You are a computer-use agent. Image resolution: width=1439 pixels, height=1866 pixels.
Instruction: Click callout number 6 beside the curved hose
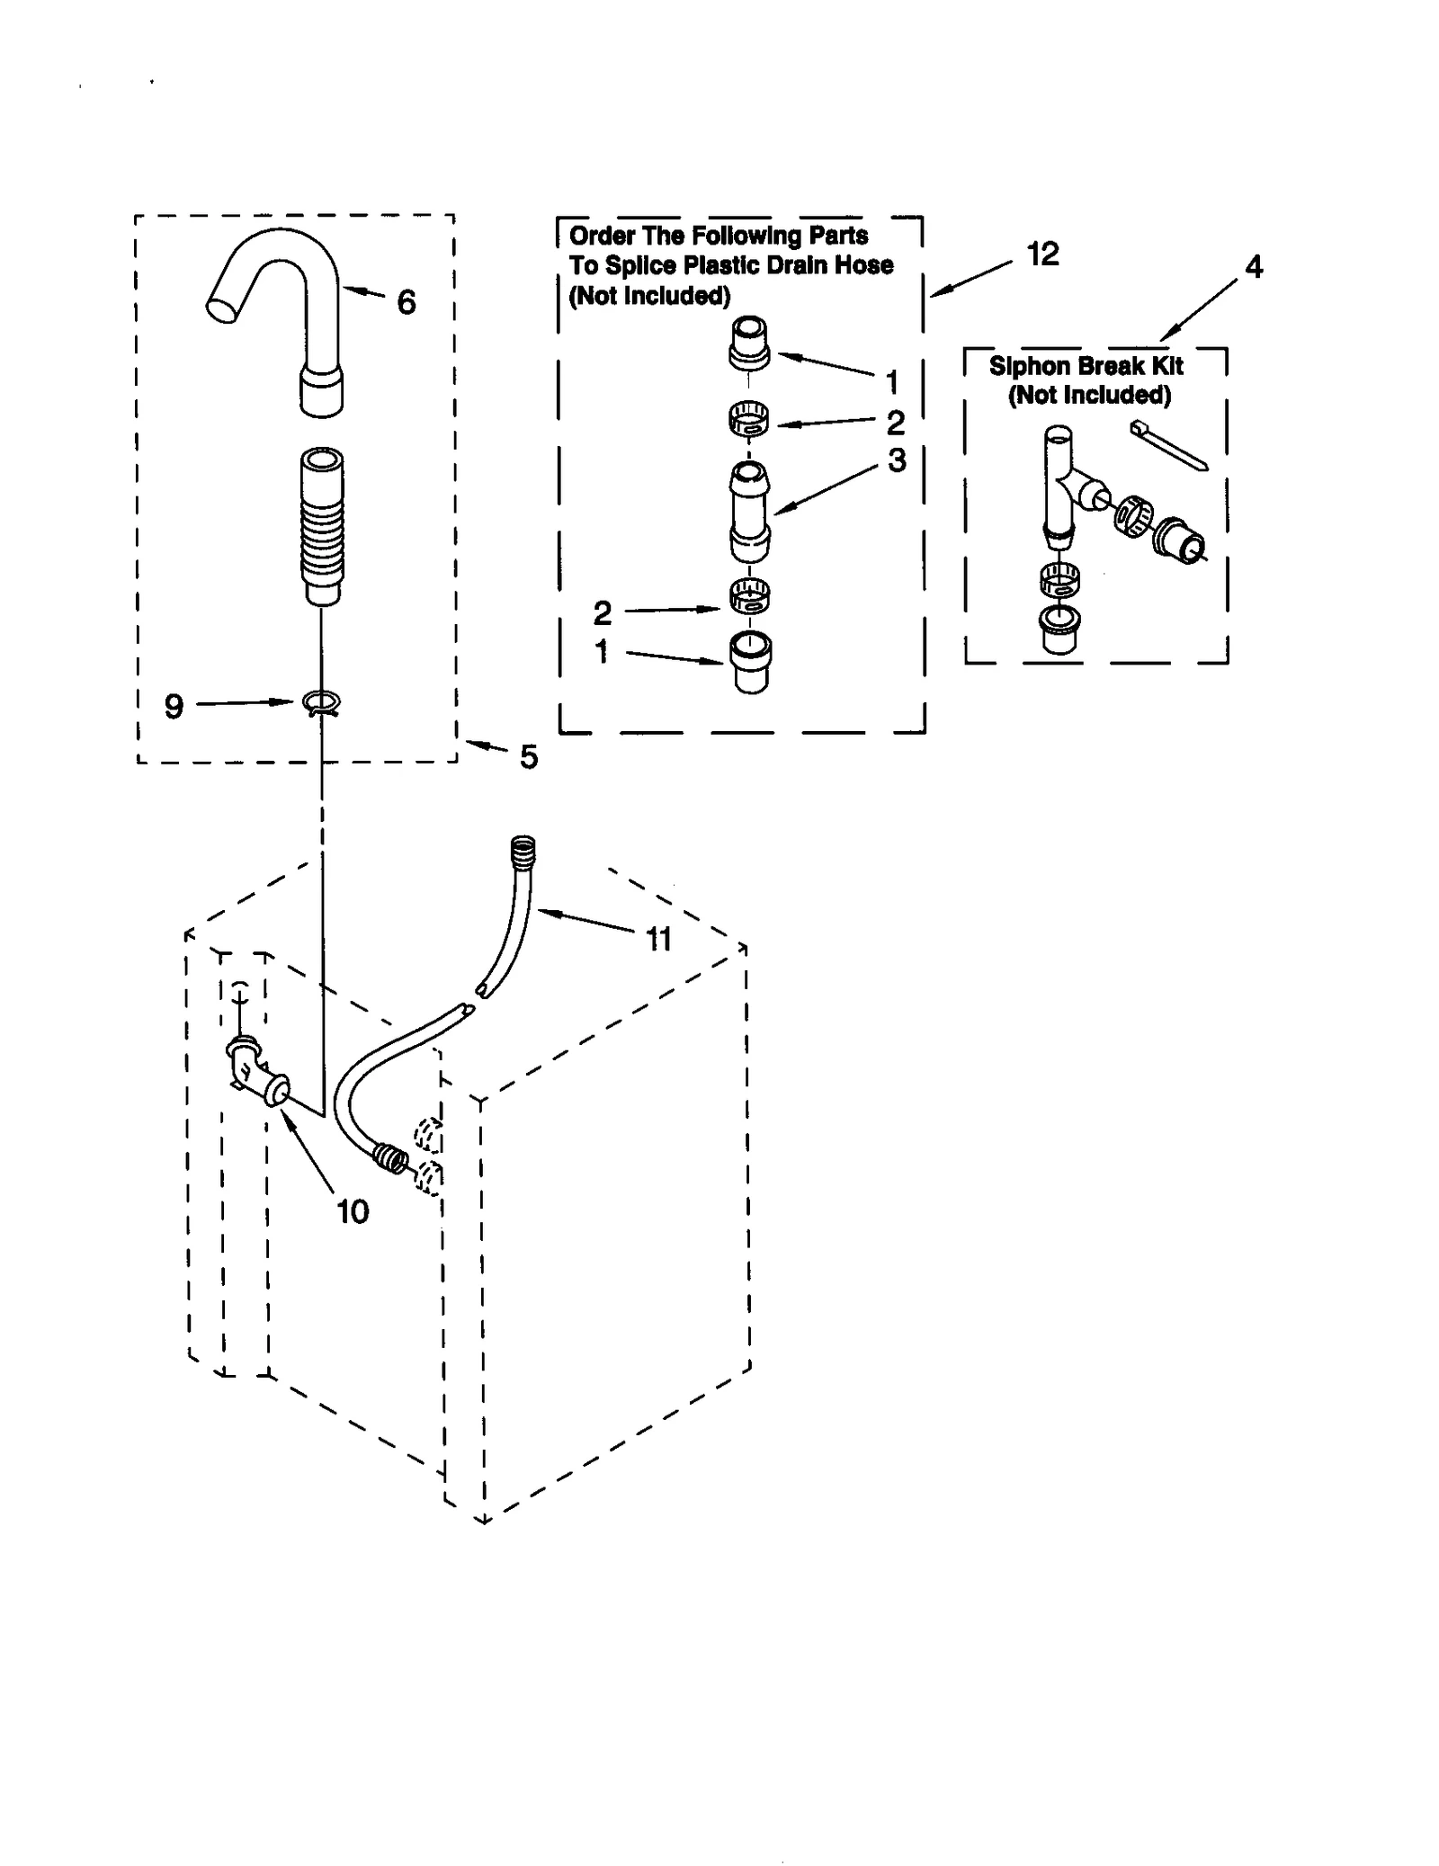(407, 303)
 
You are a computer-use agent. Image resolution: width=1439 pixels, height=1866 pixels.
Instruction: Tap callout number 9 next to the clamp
(174, 707)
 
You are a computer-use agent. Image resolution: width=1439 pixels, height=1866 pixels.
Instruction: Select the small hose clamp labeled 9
(322, 702)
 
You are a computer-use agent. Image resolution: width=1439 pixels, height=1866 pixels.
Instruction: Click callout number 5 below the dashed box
(529, 757)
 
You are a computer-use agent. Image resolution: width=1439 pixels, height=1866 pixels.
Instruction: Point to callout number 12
(1042, 254)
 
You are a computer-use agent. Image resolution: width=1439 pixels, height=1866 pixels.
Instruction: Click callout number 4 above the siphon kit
(1253, 266)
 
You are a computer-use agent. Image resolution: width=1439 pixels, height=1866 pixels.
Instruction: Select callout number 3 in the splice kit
(897, 460)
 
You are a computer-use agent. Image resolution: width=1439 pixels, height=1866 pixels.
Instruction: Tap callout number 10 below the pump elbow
(353, 1211)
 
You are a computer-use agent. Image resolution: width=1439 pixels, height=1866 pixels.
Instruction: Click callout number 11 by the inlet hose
(659, 939)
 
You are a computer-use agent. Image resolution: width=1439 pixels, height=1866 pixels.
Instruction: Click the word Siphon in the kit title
(1023, 366)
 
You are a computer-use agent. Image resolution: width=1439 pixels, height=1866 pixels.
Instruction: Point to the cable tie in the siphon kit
(1168, 444)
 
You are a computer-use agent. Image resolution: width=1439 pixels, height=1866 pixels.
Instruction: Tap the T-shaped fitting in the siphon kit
(1061, 486)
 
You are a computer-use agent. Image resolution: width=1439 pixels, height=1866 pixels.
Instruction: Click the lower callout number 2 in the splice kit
(602, 613)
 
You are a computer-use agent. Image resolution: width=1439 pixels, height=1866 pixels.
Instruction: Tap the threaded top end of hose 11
(523, 848)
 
